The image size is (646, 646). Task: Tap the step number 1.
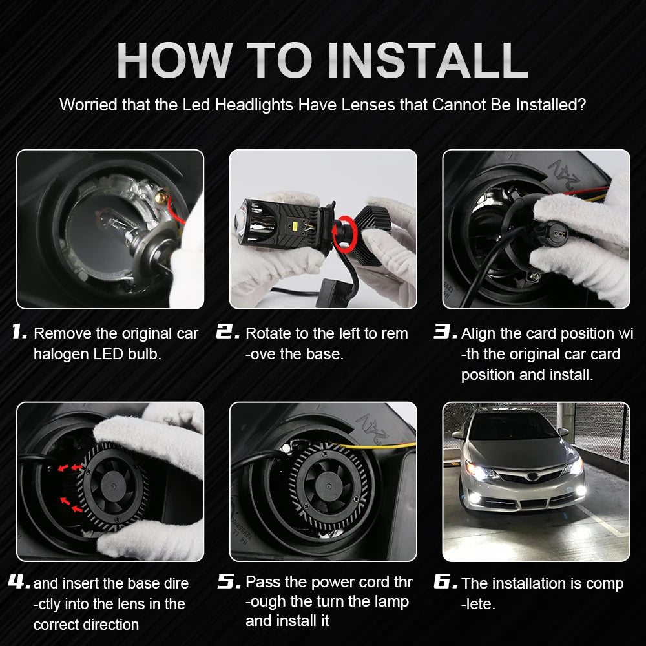click(x=19, y=333)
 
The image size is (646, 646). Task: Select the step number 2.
click(x=228, y=333)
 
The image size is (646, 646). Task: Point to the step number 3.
click(x=445, y=333)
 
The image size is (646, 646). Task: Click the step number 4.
click(x=19, y=583)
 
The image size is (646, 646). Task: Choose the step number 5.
click(x=228, y=583)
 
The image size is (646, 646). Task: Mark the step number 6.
click(x=445, y=583)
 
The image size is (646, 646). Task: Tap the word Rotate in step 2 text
click(x=267, y=333)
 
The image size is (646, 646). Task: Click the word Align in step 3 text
click(x=479, y=333)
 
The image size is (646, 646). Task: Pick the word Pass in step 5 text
click(x=262, y=583)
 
